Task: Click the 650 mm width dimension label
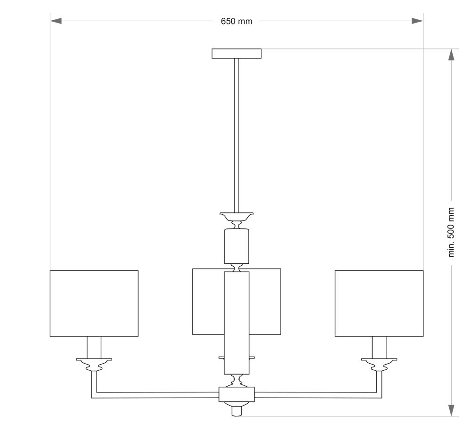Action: pyautogui.click(x=236, y=21)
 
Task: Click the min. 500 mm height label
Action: pyautogui.click(x=451, y=232)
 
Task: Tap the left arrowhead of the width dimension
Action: pyautogui.click(x=56, y=21)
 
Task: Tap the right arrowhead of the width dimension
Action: pyautogui.click(x=417, y=21)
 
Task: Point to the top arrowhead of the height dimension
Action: pyautogui.click(x=451, y=55)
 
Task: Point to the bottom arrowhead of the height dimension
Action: pyautogui.click(x=451, y=410)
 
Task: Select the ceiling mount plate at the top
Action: pyautogui.click(x=236, y=53)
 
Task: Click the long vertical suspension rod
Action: pyautogui.click(x=237, y=136)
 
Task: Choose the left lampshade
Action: pyautogui.click(x=94, y=303)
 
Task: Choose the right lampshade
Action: pyautogui.click(x=379, y=303)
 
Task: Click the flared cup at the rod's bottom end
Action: pyautogui.click(x=237, y=217)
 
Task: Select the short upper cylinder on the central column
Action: pyautogui.click(x=237, y=246)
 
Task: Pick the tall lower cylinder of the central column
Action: pyautogui.click(x=237, y=323)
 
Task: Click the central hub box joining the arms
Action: pyautogui.click(x=237, y=394)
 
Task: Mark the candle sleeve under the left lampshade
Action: pyautogui.click(x=94, y=348)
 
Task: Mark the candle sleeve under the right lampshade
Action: pyautogui.click(x=379, y=348)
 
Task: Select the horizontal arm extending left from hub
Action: pyautogui.click(x=155, y=395)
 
